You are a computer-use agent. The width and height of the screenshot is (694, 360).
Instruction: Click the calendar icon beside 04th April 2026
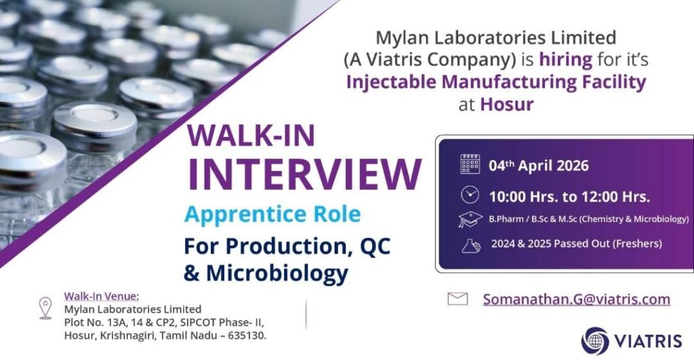click(x=470, y=164)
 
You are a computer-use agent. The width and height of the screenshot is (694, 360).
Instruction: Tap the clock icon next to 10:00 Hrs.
click(x=470, y=195)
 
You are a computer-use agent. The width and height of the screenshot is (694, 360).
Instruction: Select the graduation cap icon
click(x=470, y=220)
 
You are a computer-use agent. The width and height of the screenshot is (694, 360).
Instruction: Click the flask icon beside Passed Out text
click(x=470, y=244)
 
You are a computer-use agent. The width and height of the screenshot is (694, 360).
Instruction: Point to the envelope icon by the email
click(x=457, y=299)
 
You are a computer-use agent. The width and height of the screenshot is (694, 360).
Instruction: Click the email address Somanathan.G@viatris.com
click(x=576, y=299)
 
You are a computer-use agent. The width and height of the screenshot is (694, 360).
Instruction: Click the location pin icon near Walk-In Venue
click(x=45, y=308)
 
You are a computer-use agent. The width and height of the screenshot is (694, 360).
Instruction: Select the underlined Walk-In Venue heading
click(x=101, y=296)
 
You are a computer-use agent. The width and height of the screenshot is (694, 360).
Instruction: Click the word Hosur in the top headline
click(x=507, y=104)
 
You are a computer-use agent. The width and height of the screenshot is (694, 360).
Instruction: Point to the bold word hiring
click(x=566, y=59)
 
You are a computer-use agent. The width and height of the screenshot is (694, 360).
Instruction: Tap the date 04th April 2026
click(x=539, y=165)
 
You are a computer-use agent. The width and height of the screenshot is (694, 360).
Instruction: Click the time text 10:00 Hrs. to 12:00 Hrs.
click(x=569, y=196)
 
